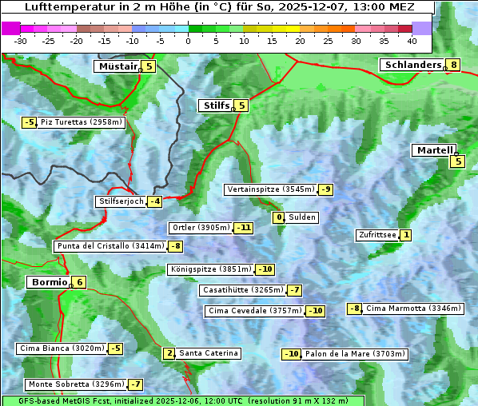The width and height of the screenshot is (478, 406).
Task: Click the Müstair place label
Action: tap(117, 66)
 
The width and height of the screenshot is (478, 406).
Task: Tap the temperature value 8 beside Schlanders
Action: tap(453, 66)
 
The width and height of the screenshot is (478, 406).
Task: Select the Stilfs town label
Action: tap(215, 105)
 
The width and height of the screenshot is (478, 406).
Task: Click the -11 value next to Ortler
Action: tap(244, 228)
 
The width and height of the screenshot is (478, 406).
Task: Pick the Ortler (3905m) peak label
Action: tap(201, 228)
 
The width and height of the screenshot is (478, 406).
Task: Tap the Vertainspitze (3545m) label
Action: tap(270, 189)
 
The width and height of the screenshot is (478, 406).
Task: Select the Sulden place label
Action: tap(303, 217)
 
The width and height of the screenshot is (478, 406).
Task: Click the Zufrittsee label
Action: tap(376, 235)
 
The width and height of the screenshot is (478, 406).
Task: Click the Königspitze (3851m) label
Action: tap(211, 269)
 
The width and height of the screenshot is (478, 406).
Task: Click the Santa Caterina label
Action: tap(208, 353)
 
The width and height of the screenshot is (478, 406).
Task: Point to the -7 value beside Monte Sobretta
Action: tap(136, 384)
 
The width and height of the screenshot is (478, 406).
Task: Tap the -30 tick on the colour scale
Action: tap(21, 41)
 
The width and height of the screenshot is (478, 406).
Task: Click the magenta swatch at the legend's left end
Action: tap(10, 28)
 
